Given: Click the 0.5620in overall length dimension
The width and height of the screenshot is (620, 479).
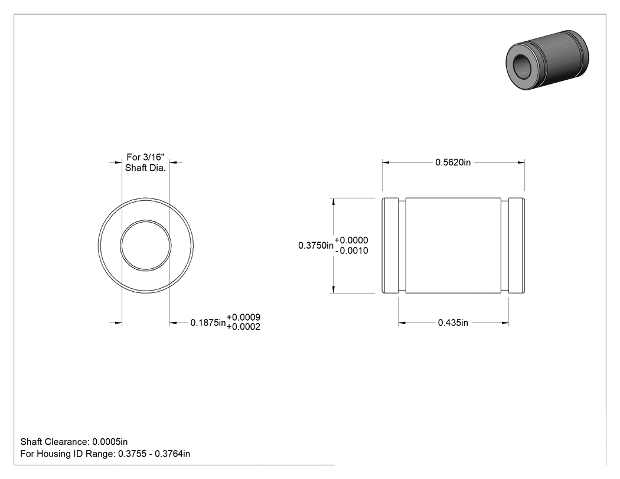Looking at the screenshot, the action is coord(453,162).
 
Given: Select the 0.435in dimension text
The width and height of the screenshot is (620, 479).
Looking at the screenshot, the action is coord(453,322).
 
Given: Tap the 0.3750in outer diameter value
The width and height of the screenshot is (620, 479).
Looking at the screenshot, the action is coord(316,246).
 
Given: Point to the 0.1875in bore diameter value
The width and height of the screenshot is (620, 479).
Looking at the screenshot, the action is coord(208,322).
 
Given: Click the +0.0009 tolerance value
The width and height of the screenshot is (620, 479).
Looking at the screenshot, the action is coord(243,317).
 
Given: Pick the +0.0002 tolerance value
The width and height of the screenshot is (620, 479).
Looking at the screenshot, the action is coord(243,327).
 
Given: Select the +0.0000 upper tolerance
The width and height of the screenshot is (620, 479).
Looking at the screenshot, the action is coord(351,240).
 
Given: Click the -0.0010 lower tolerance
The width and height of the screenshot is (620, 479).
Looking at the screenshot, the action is coord(351,251).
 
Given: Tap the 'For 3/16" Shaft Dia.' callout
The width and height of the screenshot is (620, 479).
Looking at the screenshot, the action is coord(145,162).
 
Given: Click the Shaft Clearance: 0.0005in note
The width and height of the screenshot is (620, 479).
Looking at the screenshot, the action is coord(74,442).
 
